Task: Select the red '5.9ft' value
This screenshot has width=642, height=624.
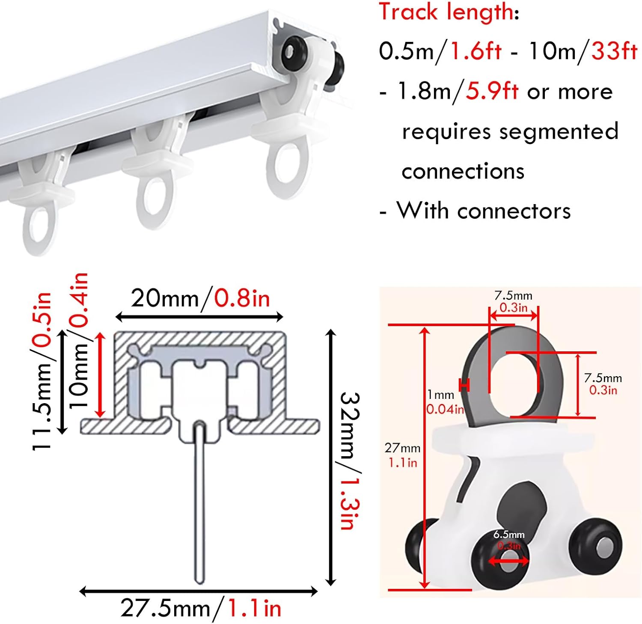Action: coord(492,91)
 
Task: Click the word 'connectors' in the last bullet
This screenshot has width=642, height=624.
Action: coord(514,211)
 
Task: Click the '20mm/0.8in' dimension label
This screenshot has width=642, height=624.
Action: coord(200,298)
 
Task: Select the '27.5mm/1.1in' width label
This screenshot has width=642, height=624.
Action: coord(200,608)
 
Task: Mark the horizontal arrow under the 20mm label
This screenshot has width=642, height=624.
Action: coord(199,317)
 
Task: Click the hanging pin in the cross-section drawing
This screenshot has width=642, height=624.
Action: coord(199,501)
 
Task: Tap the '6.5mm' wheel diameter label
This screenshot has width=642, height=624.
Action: coord(508,535)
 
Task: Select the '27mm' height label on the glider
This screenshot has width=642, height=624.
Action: coord(402,448)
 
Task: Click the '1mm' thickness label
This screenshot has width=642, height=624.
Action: coord(441,395)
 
